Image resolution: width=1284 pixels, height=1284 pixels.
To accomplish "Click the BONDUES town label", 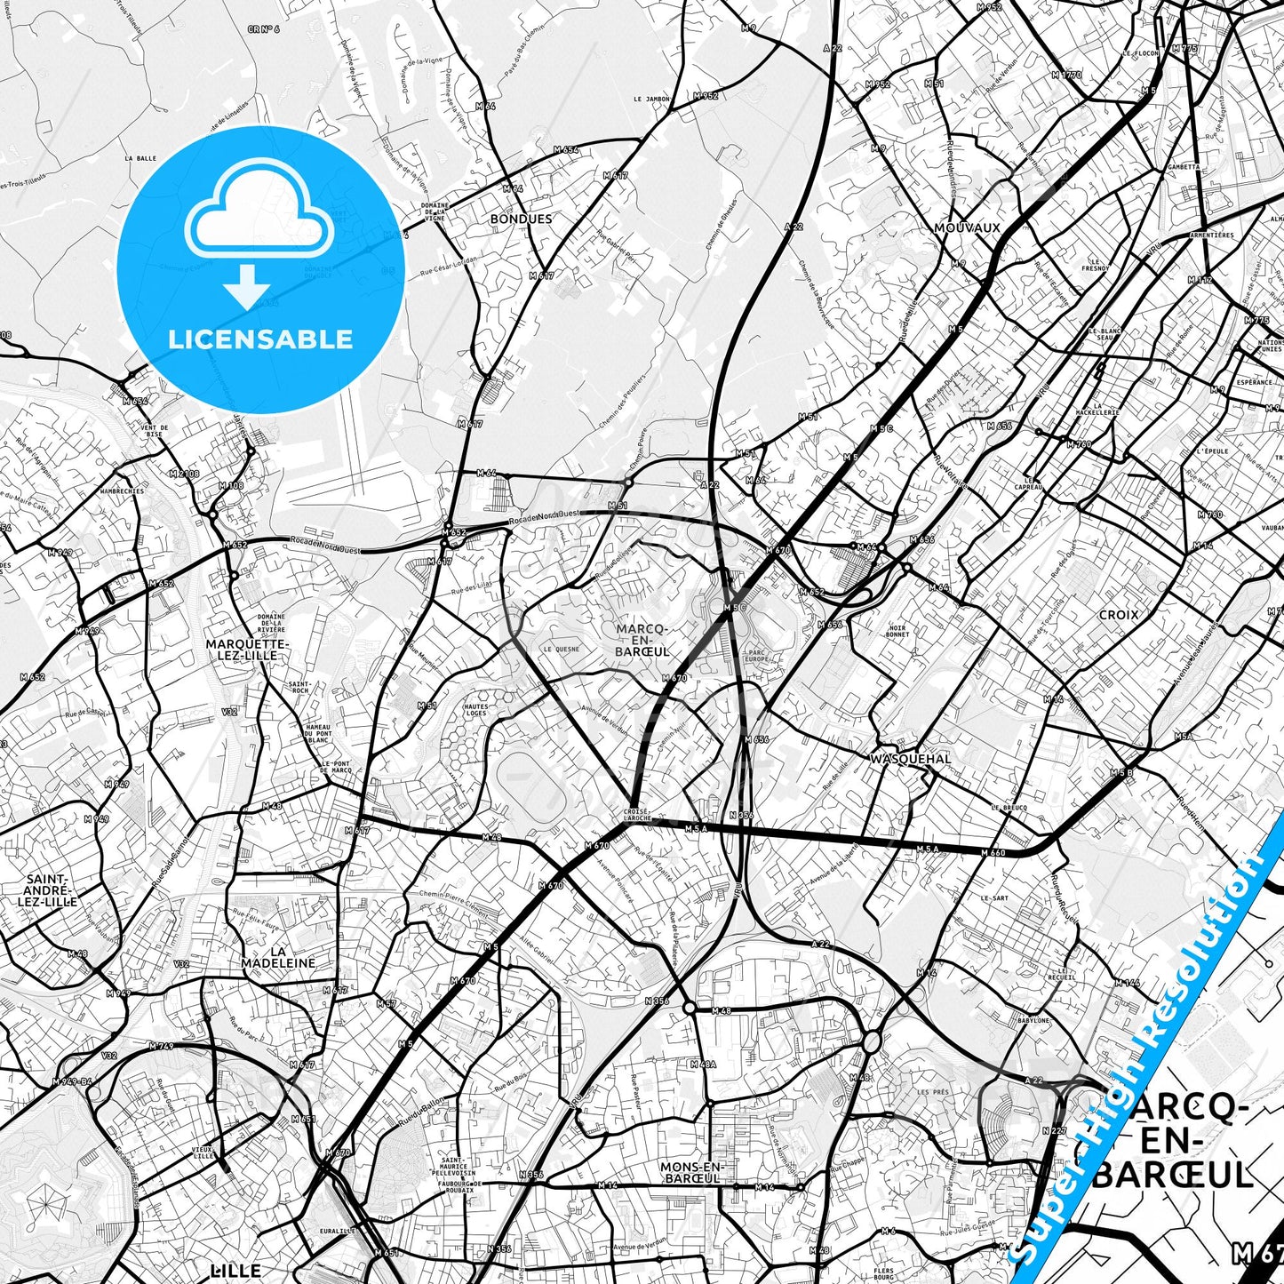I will click(521, 219).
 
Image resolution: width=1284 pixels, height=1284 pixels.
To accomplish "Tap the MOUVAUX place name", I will click(967, 228).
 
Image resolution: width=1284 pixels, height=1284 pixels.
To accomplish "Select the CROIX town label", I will click(1118, 615).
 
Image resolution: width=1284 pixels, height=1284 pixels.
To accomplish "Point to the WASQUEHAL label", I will click(911, 759).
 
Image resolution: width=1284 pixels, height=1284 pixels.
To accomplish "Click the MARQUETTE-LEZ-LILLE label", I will click(247, 650).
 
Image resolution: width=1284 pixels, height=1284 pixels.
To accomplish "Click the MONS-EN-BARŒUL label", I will click(693, 1173).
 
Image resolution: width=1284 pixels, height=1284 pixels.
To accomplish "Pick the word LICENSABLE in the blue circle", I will click(260, 339).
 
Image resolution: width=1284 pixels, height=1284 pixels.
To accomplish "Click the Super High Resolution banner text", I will click(1147, 1049).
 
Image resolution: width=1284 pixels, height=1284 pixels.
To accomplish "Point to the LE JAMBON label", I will click(651, 100).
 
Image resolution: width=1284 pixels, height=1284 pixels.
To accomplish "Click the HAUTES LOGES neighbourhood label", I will click(475, 710).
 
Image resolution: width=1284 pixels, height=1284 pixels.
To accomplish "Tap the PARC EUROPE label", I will click(756, 656).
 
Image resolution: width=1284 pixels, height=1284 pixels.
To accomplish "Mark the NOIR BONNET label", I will click(897, 631).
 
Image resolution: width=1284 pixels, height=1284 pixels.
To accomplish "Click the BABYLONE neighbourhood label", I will click(1033, 1021).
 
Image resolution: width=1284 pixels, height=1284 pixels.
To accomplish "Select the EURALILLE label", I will click(337, 1231).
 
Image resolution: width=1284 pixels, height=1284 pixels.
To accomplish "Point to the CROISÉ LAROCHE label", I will click(637, 814).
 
